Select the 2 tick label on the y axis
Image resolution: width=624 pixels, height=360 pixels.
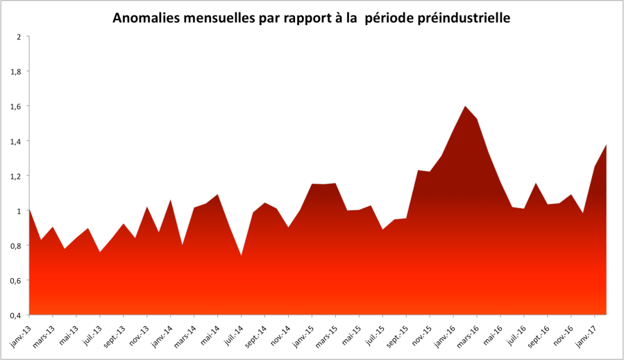(19, 37)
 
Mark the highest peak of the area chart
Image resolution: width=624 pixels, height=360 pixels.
(465, 106)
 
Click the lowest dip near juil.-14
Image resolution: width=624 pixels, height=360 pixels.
(242, 255)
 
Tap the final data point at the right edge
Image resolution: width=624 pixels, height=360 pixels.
(607, 144)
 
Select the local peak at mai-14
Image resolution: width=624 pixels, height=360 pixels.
(218, 195)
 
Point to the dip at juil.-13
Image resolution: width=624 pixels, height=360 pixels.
(101, 252)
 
